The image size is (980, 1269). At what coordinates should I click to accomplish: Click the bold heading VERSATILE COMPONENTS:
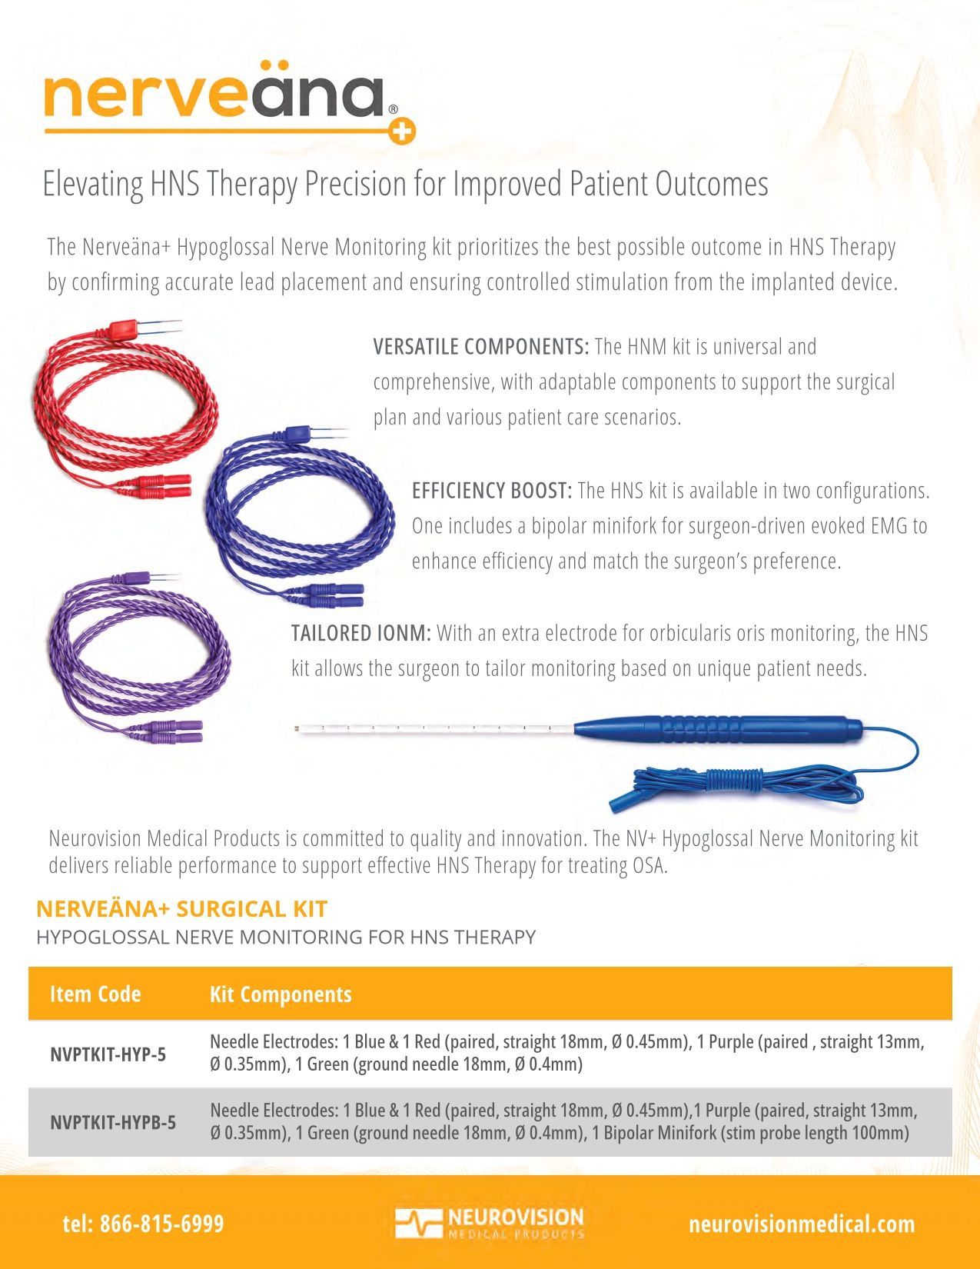coord(480,347)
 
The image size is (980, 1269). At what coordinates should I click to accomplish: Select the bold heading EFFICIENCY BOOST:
coord(491,491)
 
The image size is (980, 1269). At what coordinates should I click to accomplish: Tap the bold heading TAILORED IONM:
coord(360,634)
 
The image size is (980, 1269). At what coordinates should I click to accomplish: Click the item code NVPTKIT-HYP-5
coord(108,1054)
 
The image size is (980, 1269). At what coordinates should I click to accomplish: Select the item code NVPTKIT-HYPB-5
coord(113,1123)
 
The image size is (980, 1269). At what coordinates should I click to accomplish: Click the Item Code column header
coord(95,994)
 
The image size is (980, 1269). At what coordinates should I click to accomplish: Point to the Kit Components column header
coord(281,994)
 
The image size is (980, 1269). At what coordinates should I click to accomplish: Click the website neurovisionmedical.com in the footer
coord(802,1224)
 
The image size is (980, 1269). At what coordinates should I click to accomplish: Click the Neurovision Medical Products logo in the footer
coord(490,1223)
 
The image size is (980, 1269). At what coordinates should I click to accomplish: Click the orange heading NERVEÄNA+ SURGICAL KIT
coord(181,909)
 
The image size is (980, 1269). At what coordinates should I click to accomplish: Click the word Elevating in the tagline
coord(93,185)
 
